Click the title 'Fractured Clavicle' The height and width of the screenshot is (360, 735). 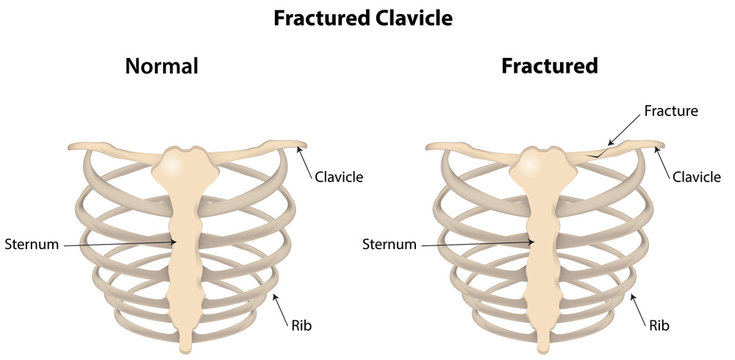(367, 19)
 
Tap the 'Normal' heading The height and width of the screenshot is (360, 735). (161, 67)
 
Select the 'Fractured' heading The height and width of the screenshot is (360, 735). (549, 67)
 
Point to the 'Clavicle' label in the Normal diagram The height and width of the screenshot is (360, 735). (338, 177)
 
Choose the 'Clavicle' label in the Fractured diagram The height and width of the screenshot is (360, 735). (696, 177)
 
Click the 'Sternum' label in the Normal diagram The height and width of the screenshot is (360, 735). (32, 243)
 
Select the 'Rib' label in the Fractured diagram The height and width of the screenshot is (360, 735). (657, 325)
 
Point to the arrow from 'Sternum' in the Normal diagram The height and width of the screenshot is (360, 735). (120, 243)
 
